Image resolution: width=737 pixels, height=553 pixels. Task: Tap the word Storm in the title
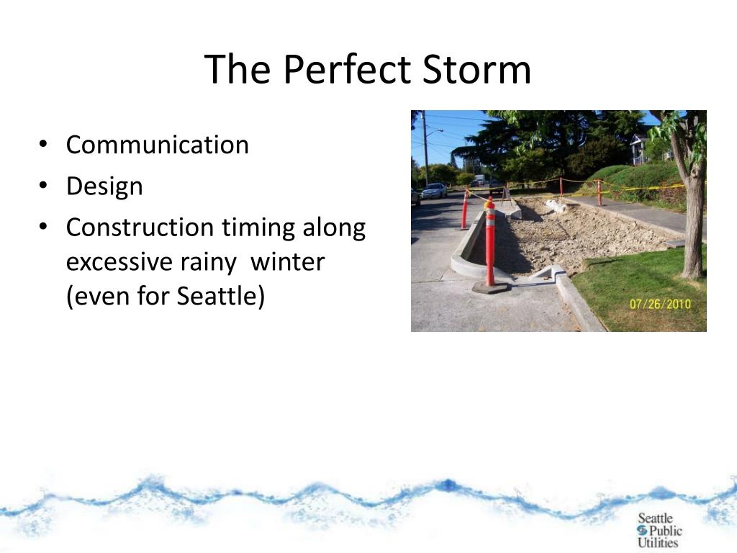point(477,69)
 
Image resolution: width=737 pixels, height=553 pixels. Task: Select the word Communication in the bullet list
point(158,144)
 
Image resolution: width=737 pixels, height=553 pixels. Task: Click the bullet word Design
point(104,186)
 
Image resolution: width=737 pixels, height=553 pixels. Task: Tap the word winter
point(287,261)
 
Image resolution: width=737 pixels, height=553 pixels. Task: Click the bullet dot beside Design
point(43,185)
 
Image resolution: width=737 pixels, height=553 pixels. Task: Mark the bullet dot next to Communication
point(43,144)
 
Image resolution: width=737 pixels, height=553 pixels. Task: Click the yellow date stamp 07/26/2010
point(660,304)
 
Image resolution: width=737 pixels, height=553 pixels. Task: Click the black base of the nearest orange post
point(491,287)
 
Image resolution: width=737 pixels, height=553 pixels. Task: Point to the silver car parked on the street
point(433,190)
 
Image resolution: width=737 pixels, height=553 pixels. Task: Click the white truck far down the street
point(479,179)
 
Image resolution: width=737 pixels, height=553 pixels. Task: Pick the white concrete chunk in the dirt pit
point(556,206)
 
